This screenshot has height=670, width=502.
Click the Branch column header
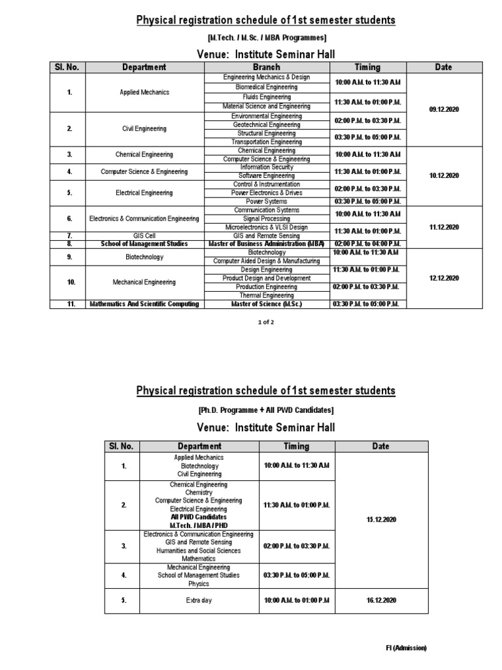266,67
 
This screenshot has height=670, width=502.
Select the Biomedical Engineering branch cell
266,86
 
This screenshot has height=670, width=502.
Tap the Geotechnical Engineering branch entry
266,124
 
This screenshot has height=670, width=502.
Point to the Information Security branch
266,167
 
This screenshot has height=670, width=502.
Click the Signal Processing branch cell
266,219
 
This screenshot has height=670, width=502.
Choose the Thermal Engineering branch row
266,295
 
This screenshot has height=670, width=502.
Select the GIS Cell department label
138,236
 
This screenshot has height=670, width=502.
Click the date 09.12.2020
444,109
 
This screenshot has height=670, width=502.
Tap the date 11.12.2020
444,227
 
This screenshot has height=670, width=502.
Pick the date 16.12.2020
380,601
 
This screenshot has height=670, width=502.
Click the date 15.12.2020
380,520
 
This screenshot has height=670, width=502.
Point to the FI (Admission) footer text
405,648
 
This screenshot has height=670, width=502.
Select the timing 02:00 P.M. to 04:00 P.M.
367,244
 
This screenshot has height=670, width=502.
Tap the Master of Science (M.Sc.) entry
266,304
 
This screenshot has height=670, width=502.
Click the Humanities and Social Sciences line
198,550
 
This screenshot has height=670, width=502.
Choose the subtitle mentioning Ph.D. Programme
265,410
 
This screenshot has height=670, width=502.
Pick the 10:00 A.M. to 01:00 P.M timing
296,601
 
